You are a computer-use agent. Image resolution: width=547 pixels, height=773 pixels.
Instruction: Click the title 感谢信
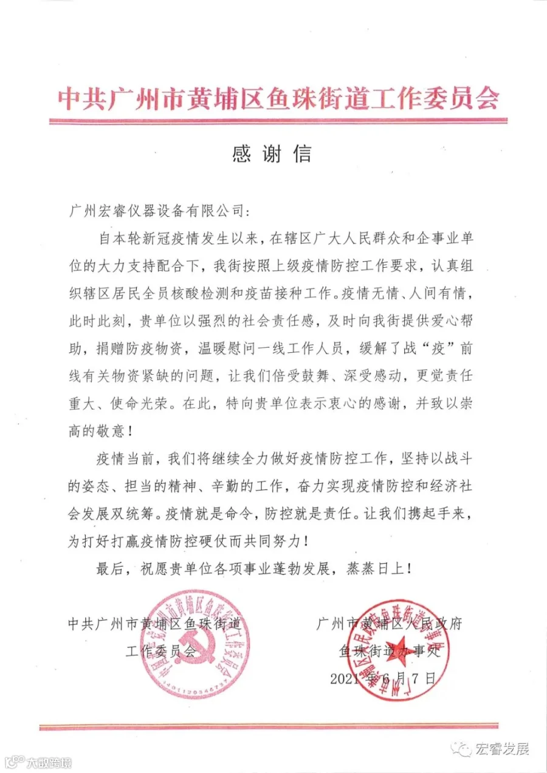[x=272, y=154]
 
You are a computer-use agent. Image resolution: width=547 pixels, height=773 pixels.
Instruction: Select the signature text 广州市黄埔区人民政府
[x=389, y=624]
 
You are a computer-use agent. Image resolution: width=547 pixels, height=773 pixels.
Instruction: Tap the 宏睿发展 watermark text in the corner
[x=502, y=748]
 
